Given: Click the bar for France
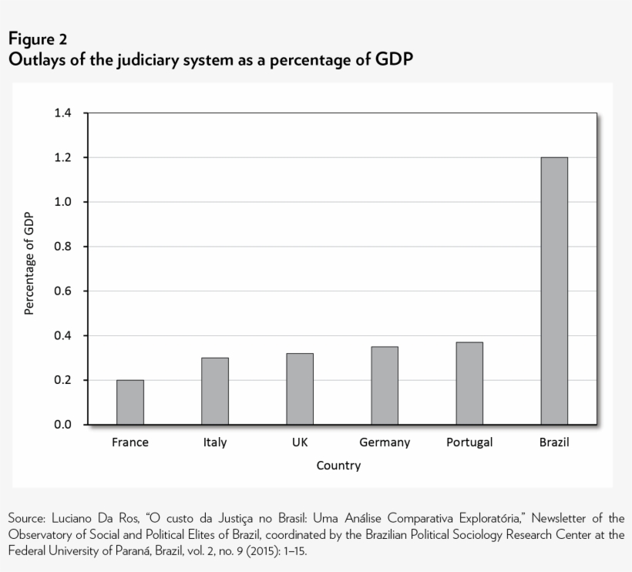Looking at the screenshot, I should [130, 402].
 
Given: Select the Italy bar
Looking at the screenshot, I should [215, 391].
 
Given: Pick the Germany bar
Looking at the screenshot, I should [385, 385].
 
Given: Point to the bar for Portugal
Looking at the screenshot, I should [469, 383].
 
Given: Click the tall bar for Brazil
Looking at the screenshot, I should [554, 291].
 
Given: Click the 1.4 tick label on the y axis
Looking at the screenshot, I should [62, 113].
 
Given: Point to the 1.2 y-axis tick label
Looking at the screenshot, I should [62, 158].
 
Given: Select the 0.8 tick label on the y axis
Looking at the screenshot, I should [62, 247].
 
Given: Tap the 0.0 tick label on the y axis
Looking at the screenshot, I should [62, 425].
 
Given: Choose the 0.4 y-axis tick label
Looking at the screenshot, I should [62, 336].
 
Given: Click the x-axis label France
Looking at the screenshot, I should [130, 442].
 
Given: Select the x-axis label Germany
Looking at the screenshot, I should [385, 442].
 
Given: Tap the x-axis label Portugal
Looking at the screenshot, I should [469, 442].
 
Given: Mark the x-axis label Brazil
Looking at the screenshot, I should [554, 442].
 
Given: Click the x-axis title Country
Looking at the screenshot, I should [338, 466].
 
